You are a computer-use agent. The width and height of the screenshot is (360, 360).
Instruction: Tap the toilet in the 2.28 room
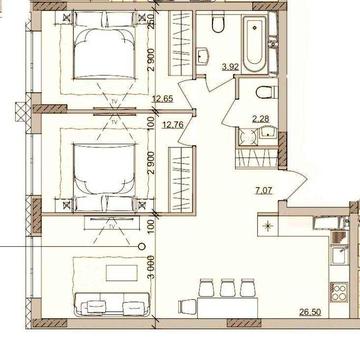262,93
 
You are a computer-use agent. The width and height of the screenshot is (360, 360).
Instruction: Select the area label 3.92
229,68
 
